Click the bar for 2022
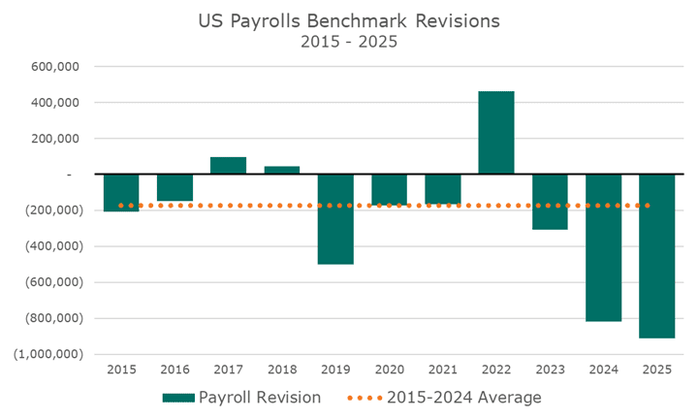tap(496, 132)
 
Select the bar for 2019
tap(335, 219)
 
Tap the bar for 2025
tap(656, 256)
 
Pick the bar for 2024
tap(603, 247)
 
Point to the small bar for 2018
tap(282, 170)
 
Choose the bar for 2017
tap(229, 165)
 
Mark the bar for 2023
tap(550, 202)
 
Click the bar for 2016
tap(175, 187)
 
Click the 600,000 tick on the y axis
tap(54, 67)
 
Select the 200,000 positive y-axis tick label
tap(54, 139)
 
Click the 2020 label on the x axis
tap(389, 370)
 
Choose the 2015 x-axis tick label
tap(122, 370)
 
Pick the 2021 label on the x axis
tap(443, 370)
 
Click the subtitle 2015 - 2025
tap(349, 43)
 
